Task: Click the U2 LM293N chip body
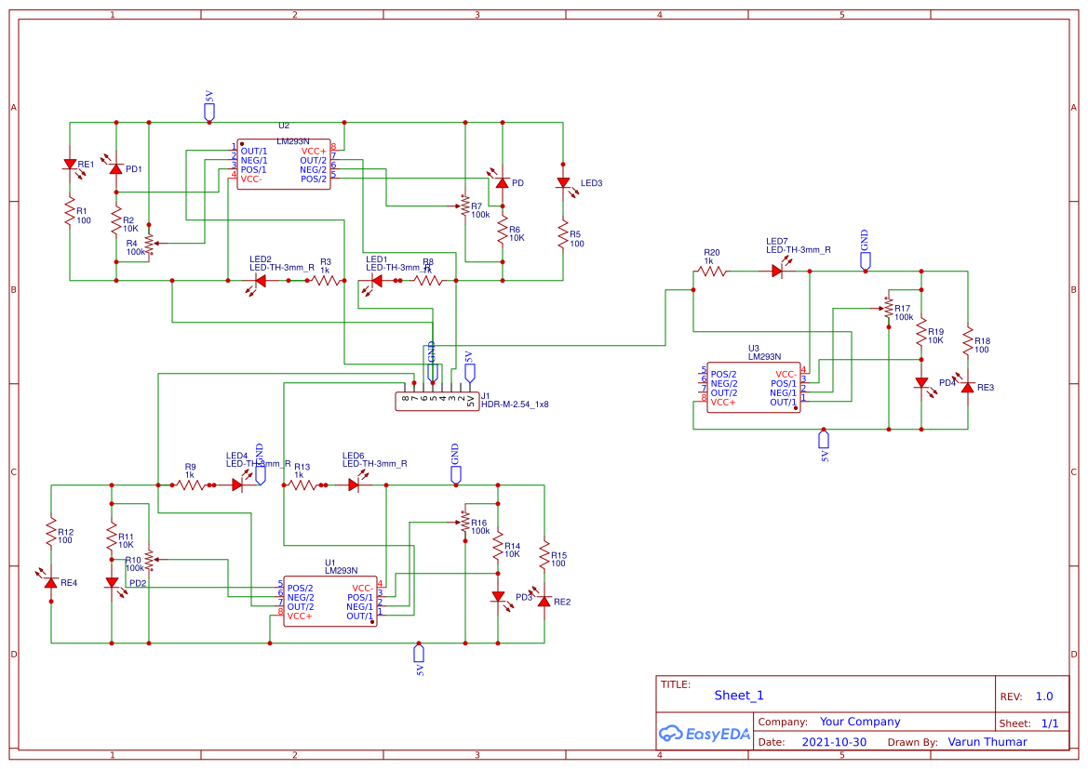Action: click(284, 165)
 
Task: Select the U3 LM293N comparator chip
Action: click(753, 387)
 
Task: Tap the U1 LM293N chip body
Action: click(329, 602)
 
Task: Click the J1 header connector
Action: click(437, 401)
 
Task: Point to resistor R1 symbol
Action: click(70, 211)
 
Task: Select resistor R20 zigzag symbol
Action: click(712, 272)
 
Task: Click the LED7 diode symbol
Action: click(777, 272)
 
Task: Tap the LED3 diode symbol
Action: click(563, 183)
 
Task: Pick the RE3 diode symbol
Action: click(968, 387)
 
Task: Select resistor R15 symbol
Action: click(544, 555)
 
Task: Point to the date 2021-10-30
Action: click(834, 742)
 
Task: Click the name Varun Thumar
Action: click(987, 742)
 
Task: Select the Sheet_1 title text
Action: click(739, 696)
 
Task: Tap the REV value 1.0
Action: click(1044, 696)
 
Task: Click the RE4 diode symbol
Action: click(51, 582)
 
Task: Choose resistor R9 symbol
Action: click(190, 484)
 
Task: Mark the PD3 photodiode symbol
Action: click(498, 597)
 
